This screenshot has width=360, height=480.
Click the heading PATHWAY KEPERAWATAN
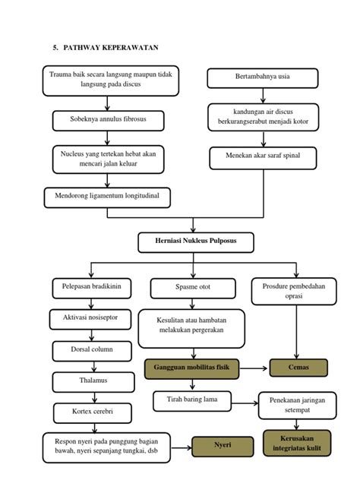[111, 47]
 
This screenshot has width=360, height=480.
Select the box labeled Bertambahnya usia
[263, 78]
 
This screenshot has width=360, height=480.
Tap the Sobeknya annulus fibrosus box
[108, 121]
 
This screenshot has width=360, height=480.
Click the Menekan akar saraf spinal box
[263, 158]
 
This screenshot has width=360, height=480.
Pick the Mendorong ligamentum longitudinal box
[107, 197]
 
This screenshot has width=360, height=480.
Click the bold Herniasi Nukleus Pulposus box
[196, 242]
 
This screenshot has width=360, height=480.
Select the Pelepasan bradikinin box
[92, 288]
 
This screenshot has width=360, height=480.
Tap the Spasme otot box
[193, 288]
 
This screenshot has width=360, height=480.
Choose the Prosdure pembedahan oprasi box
[294, 291]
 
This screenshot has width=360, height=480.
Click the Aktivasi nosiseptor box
[90, 319]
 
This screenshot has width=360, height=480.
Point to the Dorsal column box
[92, 351]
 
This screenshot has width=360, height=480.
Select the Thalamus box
[93, 382]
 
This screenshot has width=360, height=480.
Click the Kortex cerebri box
[93, 413]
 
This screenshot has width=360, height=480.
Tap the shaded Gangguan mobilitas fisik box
[191, 369]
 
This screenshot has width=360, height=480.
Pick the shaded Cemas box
[298, 368]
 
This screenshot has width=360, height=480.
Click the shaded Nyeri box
[223, 447]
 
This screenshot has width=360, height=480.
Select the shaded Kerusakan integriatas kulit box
[297, 444]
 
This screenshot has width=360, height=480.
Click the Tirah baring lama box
[192, 401]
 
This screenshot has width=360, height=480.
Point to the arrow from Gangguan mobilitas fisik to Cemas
[253, 368]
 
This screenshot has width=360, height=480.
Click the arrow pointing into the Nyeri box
[182, 448]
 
